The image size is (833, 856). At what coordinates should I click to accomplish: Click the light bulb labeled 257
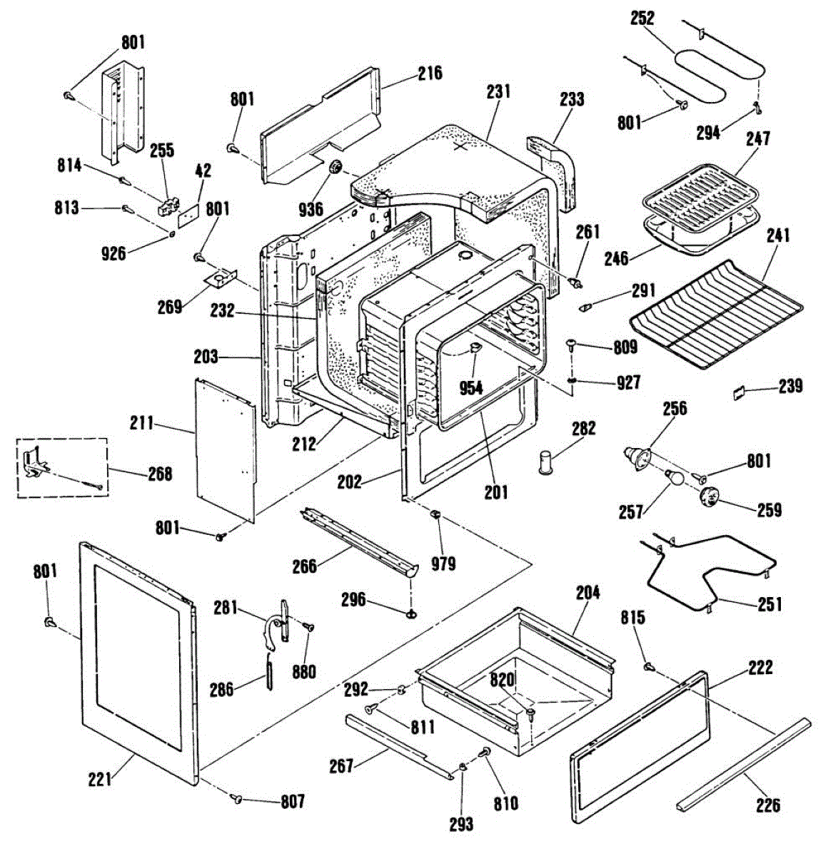(x=672, y=477)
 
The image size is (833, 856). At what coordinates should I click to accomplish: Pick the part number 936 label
(x=311, y=210)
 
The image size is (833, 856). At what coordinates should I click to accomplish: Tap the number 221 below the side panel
(x=100, y=780)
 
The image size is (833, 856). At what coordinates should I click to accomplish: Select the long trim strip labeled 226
(x=743, y=765)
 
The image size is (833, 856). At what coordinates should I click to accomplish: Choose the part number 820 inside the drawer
(x=503, y=680)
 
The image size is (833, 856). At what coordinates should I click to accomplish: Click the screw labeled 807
(x=237, y=798)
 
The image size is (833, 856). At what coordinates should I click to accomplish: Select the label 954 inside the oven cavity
(x=472, y=388)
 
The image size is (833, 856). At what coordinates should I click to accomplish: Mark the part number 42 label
(x=203, y=170)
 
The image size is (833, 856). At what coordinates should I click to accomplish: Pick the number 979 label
(x=443, y=564)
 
